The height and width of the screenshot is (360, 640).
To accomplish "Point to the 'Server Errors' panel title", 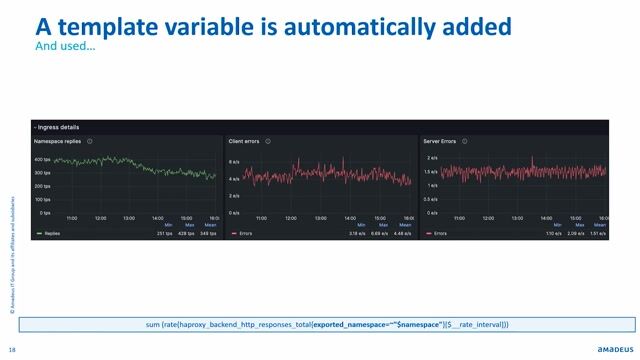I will click(441, 142).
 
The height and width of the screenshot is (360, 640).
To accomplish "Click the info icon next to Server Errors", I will click(467, 142).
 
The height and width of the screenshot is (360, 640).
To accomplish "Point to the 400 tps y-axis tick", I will click(42, 160).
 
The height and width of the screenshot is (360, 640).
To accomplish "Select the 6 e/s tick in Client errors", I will click(235, 161).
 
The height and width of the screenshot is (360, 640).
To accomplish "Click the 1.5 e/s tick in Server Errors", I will click(431, 171).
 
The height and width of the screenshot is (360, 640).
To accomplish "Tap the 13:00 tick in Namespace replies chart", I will click(129, 218).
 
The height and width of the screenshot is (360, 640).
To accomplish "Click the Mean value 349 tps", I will click(208, 233).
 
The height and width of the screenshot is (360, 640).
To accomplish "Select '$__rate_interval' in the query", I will click(476, 325).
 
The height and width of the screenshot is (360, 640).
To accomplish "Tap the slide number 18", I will click(11, 349).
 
